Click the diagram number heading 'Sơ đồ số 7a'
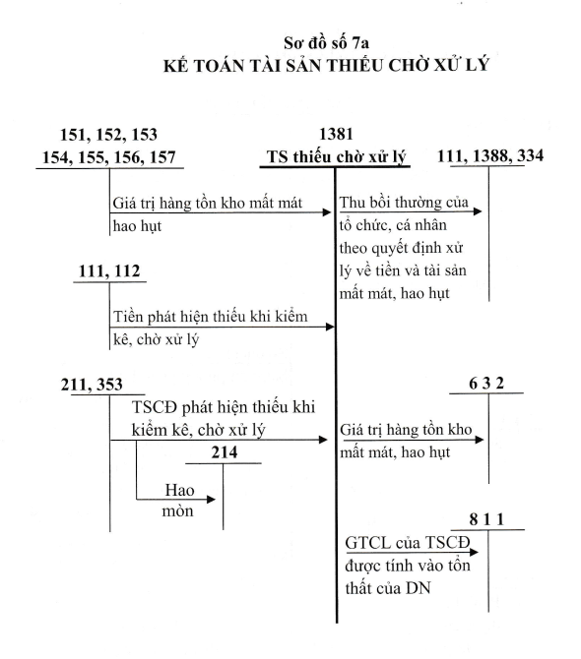(326, 43)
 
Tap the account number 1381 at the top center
(336, 134)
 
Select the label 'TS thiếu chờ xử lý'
(336, 157)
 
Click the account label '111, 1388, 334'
(490, 156)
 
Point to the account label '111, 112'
(109, 271)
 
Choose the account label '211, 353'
(92, 385)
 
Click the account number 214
(225, 452)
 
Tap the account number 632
(486, 384)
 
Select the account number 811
(486, 520)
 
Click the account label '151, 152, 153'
(108, 135)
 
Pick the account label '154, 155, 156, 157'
(108, 157)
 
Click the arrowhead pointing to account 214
(211, 500)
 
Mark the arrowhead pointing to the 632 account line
(480, 440)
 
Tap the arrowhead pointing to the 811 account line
(474, 552)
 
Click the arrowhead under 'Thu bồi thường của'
(478, 211)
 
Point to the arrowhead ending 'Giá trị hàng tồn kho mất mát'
(327, 212)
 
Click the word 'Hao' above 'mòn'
(179, 490)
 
